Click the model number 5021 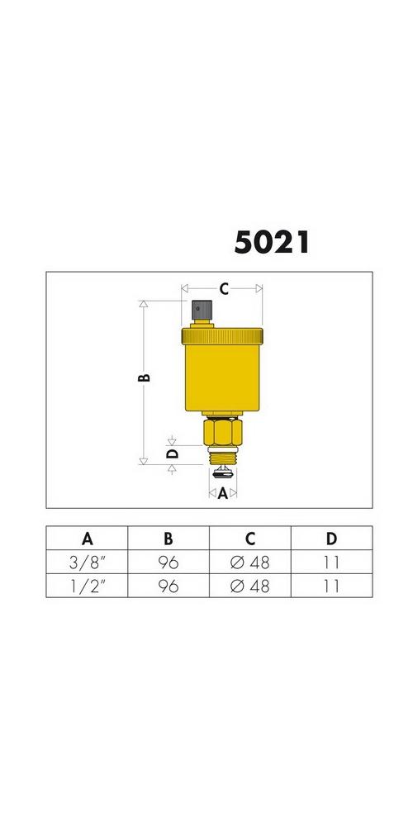pos(271,243)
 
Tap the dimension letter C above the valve pos(224,288)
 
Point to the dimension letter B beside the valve pos(144,377)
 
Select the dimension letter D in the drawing pos(173,453)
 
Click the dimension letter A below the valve pos(223,494)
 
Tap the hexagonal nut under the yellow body pos(222,432)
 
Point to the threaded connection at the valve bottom pos(222,456)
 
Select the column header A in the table pos(88,539)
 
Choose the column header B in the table pos(168,539)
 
